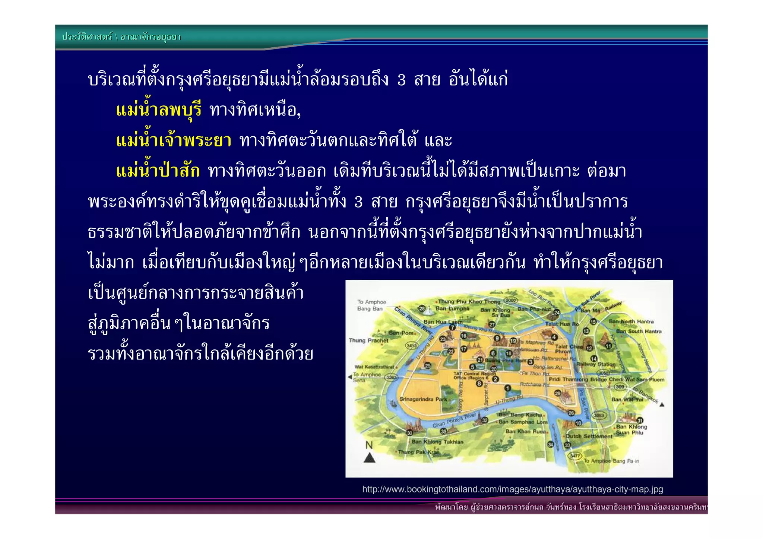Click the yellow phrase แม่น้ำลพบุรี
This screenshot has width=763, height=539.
point(159,110)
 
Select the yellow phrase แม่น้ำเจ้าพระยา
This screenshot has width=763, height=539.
point(174,141)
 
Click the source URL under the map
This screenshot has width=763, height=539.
point(512,489)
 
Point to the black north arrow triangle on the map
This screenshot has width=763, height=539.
point(369,457)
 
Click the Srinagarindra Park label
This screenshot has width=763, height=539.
point(423,399)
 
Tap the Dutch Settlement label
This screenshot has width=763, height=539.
point(589,436)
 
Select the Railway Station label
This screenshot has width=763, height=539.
point(596,364)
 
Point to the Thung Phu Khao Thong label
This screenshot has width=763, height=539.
point(469,301)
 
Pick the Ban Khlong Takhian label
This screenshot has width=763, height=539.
point(437,442)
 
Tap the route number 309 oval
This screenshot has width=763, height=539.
point(620,387)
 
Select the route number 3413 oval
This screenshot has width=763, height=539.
point(411,346)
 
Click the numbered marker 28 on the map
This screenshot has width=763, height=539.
point(422,308)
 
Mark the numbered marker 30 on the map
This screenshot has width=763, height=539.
point(409,433)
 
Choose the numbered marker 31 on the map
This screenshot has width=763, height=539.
point(640,421)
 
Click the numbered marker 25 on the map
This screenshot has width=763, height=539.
point(428,365)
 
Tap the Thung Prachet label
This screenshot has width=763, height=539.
point(368,340)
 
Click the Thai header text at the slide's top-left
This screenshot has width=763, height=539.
point(121,37)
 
